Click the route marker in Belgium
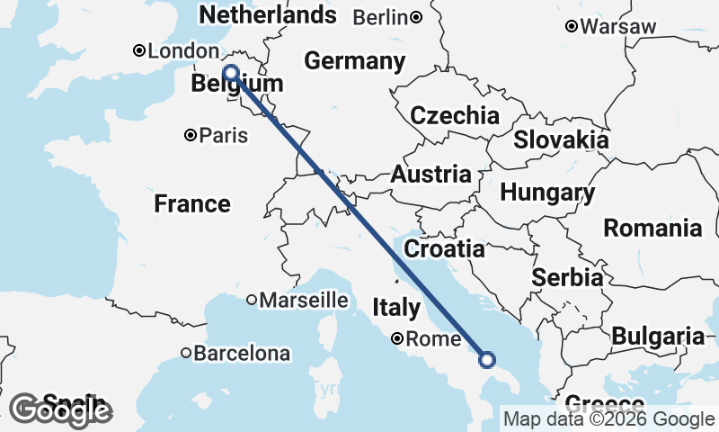pyautogui.click(x=230, y=73)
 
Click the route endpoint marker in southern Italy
pyautogui.click(x=487, y=360)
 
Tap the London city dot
pyautogui.click(x=139, y=51)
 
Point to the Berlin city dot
pyautogui.click(x=416, y=17)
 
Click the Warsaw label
pyautogui.click(x=618, y=27)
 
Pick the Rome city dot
pyautogui.click(x=397, y=339)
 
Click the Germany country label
pyautogui.click(x=354, y=61)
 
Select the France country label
pyautogui.click(x=192, y=203)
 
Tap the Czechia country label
pyautogui.click(x=455, y=115)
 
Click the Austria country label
pyautogui.click(x=431, y=175)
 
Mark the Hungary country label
pyautogui.click(x=547, y=193)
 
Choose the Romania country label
pyautogui.click(x=652, y=228)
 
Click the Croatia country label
pyautogui.click(x=444, y=248)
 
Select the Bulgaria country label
pyautogui.click(x=658, y=337)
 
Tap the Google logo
pyautogui.click(x=61, y=409)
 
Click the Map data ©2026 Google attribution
pyautogui.click(x=608, y=418)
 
